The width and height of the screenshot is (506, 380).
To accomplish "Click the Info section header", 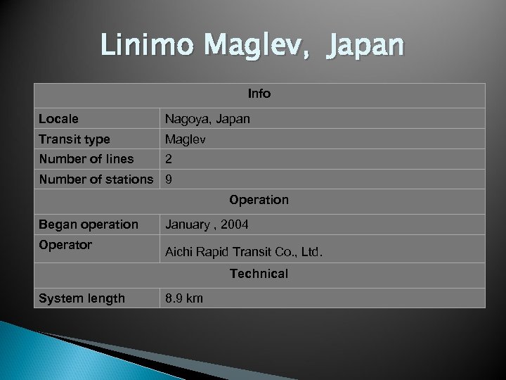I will tap(259, 94).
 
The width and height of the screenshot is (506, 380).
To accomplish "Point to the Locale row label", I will tap(59, 119).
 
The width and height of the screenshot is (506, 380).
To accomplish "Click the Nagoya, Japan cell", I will tap(207, 119).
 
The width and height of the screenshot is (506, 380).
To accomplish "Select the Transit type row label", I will tap(74, 139).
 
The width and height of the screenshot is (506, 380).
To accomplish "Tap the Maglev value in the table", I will tap(186, 139).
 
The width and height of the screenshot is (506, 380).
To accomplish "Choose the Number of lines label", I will tap(86, 159).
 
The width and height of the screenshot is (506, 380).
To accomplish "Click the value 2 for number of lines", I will tap(169, 159).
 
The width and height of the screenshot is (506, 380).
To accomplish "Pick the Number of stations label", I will tap(96, 179).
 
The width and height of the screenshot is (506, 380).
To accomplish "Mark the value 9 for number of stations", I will tap(169, 179).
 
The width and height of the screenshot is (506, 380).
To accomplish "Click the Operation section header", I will tap(259, 200).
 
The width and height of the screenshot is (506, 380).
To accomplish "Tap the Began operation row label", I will tap(89, 224).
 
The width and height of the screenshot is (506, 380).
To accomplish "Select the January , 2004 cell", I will tap(207, 224).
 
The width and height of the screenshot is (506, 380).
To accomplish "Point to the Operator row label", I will tap(65, 245).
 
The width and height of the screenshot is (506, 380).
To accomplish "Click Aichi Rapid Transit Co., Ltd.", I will tap(244, 251).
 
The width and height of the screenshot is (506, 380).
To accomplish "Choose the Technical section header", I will tap(259, 274).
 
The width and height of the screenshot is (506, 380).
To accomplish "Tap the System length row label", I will tap(82, 298).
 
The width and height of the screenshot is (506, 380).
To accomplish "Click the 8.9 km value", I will tap(184, 298).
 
